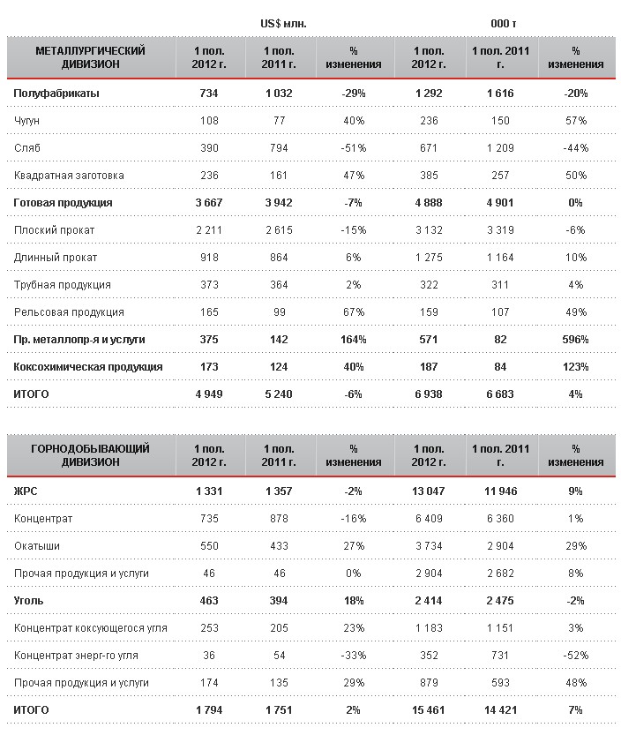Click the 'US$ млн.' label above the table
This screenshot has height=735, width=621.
pyautogui.click(x=283, y=23)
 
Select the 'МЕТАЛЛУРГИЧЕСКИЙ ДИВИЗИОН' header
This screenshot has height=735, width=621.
pyautogui.click(x=90, y=57)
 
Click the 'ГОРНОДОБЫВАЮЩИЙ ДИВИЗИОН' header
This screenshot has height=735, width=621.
pyautogui.click(x=90, y=455)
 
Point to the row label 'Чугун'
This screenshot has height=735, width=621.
pyautogui.click(x=28, y=120)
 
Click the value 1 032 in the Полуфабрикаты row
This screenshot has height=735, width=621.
pyautogui.click(x=278, y=93)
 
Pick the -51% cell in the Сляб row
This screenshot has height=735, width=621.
pyautogui.click(x=353, y=147)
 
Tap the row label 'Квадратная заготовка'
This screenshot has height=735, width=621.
pyautogui.click(x=69, y=175)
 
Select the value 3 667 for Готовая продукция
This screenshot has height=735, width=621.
pyautogui.click(x=208, y=203)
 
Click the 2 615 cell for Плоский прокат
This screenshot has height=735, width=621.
pyautogui.click(x=278, y=230)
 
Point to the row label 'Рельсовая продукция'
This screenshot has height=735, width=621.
pyautogui.click(x=69, y=312)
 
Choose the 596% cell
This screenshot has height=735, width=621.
pyautogui.click(x=576, y=340)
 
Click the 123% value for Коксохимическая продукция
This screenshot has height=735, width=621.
pyautogui.click(x=576, y=367)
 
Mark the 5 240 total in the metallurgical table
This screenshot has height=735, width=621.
pyautogui.click(x=278, y=394)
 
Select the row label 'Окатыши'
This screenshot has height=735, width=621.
pyautogui.click(x=37, y=546)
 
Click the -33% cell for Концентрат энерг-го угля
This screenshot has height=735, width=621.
pyautogui.click(x=353, y=656)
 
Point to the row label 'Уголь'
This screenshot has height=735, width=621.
pyautogui.click(x=29, y=601)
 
